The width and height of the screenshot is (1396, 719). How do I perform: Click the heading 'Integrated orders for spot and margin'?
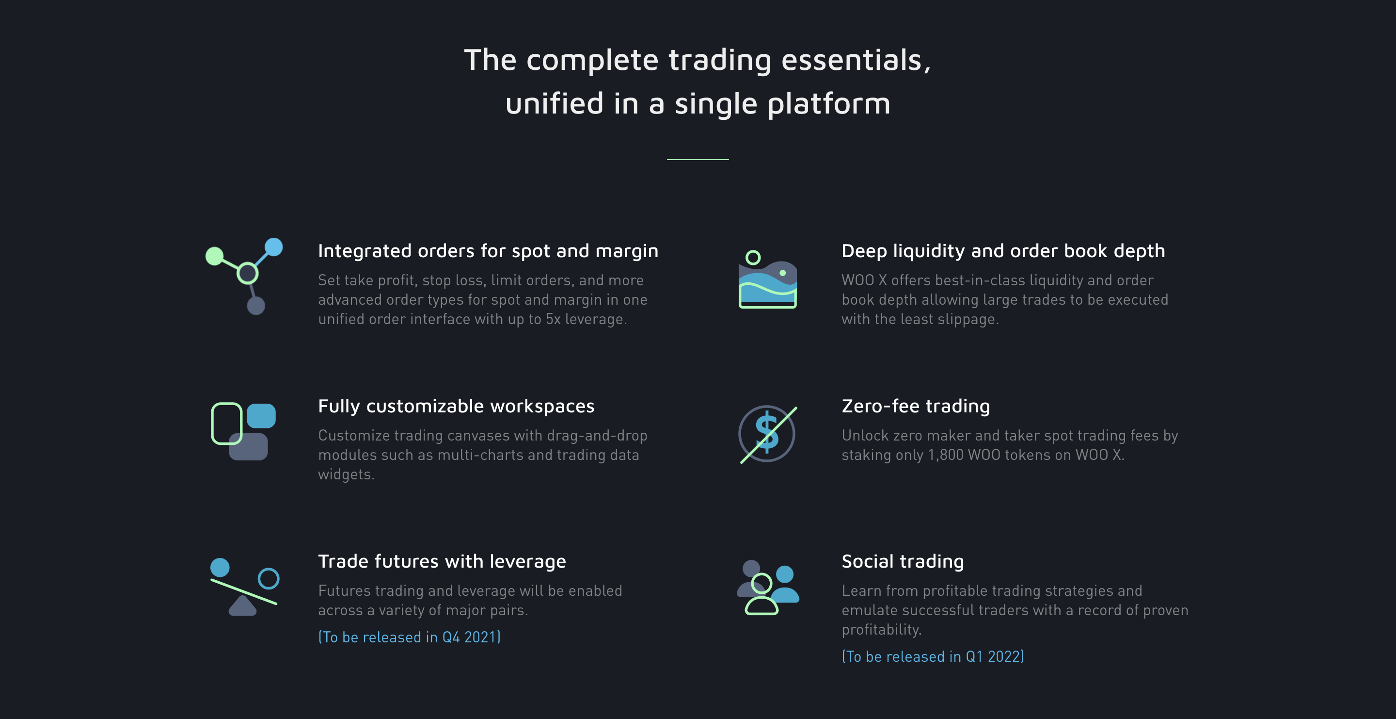tap(488, 251)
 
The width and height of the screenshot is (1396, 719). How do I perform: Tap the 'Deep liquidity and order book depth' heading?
tap(1003, 251)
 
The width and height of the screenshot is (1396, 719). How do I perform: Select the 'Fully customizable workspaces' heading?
tap(456, 406)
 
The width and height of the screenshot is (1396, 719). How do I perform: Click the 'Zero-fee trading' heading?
tap(916, 406)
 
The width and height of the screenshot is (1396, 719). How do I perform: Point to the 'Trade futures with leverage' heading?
tap(442, 561)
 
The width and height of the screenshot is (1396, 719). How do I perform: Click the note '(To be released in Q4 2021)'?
tap(409, 637)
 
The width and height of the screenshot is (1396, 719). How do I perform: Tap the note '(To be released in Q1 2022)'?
tap(933, 656)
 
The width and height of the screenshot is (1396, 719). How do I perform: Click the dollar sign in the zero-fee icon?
tap(767, 432)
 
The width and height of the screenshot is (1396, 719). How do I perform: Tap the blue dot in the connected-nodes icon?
tap(274, 247)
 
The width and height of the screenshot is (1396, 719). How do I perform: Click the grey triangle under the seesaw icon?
tap(242, 605)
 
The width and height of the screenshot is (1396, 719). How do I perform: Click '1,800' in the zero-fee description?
tap(946, 455)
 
